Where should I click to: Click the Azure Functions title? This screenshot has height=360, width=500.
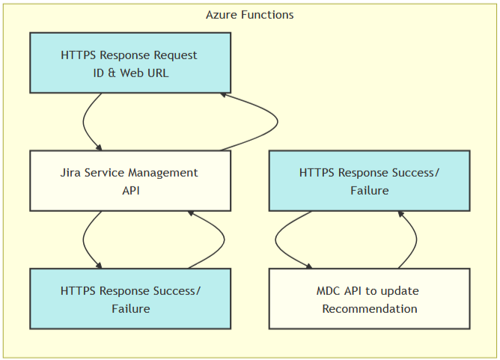point(250,15)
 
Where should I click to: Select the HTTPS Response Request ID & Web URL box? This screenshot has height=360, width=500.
point(130,63)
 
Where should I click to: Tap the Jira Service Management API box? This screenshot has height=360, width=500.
point(130,181)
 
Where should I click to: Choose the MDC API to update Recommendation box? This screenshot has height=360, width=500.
point(370,299)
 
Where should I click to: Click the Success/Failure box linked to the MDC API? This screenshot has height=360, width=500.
point(370,181)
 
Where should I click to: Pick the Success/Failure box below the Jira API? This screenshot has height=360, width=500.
point(130,299)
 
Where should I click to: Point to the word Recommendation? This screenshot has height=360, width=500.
point(370,308)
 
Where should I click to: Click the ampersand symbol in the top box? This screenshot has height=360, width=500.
point(112,73)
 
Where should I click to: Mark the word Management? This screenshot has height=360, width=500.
point(164,172)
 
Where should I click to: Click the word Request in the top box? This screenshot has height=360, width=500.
point(175,55)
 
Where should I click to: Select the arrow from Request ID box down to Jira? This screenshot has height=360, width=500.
point(83,122)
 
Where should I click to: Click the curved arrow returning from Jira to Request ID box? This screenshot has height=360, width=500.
point(278,122)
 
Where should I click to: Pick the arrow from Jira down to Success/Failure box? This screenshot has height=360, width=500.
point(83,240)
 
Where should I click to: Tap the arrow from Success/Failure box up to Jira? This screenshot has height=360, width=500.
point(224,240)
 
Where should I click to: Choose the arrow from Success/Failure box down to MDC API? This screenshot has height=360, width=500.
point(275,240)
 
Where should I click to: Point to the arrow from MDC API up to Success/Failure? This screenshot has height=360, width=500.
point(416,240)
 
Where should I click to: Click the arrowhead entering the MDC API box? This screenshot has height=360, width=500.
point(308,266)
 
